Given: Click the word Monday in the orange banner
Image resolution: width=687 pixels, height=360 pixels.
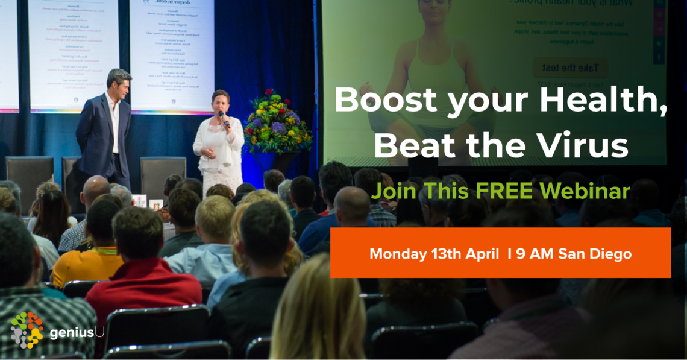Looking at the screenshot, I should (397, 254).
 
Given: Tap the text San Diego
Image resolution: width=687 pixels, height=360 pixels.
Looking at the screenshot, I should (595, 254).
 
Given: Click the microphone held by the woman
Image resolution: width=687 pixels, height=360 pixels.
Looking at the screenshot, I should (224, 118).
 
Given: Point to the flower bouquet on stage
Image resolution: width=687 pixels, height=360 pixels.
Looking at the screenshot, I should (277, 121).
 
